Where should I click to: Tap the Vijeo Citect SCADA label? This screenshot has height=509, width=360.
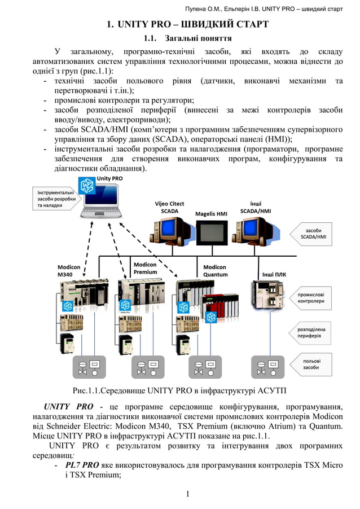pos(169,207)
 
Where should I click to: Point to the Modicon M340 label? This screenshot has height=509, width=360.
pos(69,270)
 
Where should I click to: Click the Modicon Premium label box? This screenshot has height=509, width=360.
pos(146,268)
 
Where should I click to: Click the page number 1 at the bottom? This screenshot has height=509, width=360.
pos(187,495)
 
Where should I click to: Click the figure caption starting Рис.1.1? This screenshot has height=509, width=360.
pos(183,390)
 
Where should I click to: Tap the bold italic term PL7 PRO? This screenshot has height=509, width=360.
pos(82,466)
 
